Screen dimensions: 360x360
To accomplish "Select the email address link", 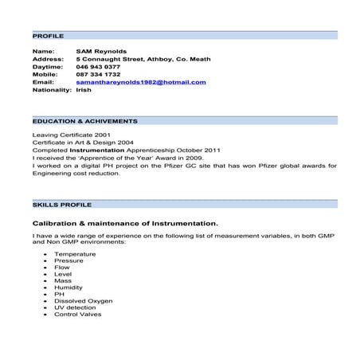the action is click(x=141, y=82).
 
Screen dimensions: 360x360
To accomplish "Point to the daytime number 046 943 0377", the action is click(x=98, y=67).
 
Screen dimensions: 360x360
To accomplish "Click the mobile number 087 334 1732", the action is click(x=98, y=74).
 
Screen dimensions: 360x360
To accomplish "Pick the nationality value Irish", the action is click(x=84, y=90).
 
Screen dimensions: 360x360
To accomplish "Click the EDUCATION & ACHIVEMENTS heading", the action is click(x=85, y=121).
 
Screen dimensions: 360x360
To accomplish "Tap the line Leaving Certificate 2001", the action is click(x=68, y=135).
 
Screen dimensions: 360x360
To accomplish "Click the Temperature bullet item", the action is click(x=75, y=254).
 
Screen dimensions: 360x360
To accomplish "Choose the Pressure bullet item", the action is click(x=68, y=260).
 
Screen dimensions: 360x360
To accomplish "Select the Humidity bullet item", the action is click(x=69, y=288).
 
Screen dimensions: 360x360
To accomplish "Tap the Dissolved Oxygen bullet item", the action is click(x=84, y=301).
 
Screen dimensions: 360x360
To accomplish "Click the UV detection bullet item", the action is click(x=75, y=307).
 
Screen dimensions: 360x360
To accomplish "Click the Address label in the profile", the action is click(x=48, y=59).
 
